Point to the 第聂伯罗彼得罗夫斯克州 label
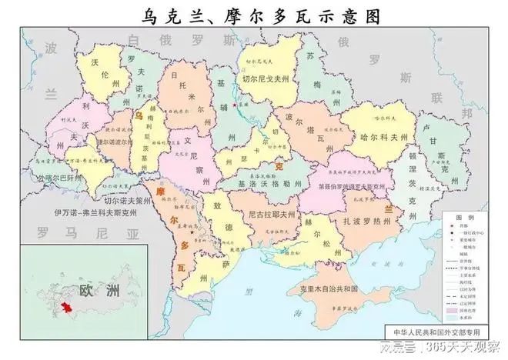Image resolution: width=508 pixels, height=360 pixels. click(x=334, y=186)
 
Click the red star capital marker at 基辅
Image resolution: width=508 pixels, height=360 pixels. click(x=234, y=105)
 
